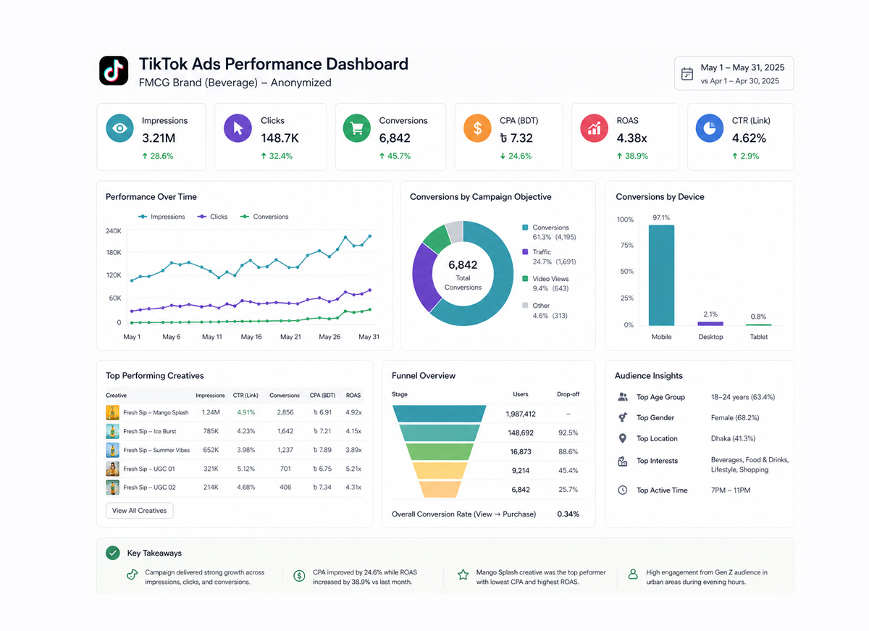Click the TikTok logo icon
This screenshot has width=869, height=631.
[x=113, y=71]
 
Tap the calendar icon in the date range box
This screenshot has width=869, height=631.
[x=687, y=74]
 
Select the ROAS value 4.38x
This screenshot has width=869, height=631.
[x=632, y=138]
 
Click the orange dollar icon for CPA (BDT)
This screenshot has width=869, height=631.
[x=477, y=128]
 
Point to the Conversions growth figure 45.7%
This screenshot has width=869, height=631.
[x=394, y=156]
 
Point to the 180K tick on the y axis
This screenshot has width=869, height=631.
[x=113, y=253]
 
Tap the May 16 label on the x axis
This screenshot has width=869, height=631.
[x=251, y=337]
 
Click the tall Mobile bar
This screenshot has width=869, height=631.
[x=661, y=275]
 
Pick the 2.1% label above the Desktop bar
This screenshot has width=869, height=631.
[x=710, y=314]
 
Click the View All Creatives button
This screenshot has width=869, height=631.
[x=140, y=511]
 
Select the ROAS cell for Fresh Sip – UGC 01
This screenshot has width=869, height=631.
[x=353, y=469]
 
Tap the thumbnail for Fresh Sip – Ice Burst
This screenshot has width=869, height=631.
[x=112, y=431]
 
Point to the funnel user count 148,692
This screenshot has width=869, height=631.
[x=521, y=432]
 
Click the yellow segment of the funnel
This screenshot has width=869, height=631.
[x=439, y=470]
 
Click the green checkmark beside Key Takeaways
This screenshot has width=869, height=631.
[x=112, y=553]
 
